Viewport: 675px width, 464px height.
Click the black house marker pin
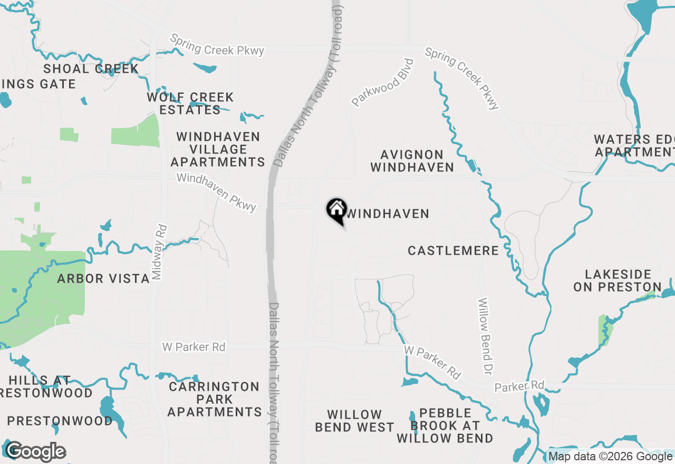coord(336,210)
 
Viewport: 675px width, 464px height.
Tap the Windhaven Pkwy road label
coord(216,192)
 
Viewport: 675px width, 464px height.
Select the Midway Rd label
coord(159,252)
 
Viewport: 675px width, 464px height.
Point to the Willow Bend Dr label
coord(485,336)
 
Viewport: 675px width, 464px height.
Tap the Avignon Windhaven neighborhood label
coord(412,161)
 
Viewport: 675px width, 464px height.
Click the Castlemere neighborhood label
coord(453,250)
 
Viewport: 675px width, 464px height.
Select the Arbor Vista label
coord(103,278)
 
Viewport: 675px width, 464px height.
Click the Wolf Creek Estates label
coord(190,103)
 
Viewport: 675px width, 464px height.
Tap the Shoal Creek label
coord(91,69)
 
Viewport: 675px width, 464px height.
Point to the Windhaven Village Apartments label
coord(218,149)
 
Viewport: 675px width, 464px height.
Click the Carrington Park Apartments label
coord(214,399)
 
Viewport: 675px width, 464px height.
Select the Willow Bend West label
coord(354,421)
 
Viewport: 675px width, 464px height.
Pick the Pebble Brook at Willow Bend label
coord(445,425)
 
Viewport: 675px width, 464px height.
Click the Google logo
coord(36,452)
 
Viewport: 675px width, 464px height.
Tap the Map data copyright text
coord(610,457)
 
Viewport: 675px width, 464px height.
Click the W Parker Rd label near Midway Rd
coord(194,347)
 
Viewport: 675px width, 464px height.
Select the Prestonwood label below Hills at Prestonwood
coord(60,421)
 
